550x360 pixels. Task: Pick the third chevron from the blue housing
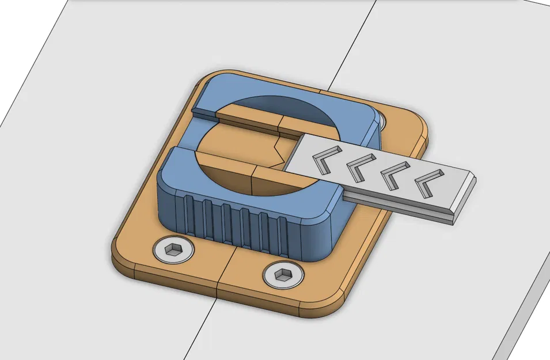pyautogui.click(x=395, y=173)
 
